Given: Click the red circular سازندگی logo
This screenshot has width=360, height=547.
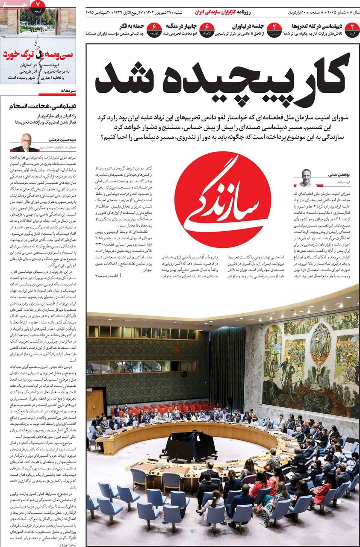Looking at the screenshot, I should (222, 199).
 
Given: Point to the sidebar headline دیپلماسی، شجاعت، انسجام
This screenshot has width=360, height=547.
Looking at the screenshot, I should (40, 105).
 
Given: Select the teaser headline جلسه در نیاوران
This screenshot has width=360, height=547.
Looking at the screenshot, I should (248, 26).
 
